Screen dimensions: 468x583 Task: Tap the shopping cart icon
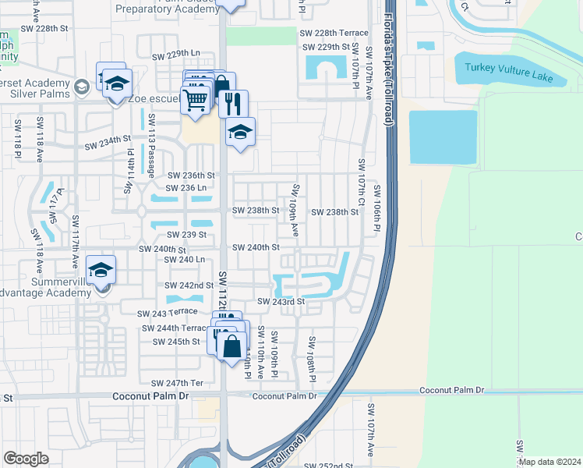tap(195, 99)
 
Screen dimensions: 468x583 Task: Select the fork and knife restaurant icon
tap(233, 102)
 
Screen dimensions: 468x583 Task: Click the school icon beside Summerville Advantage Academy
tap(101, 270)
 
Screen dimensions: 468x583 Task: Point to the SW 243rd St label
tap(280, 301)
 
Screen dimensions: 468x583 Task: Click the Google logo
tap(26, 459)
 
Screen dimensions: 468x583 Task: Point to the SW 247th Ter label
tap(178, 383)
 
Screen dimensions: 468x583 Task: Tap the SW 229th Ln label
tap(176, 55)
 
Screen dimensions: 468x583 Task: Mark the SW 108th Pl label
tap(311, 359)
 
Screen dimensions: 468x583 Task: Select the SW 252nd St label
tap(330, 466)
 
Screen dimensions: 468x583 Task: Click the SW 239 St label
tap(185, 235)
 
